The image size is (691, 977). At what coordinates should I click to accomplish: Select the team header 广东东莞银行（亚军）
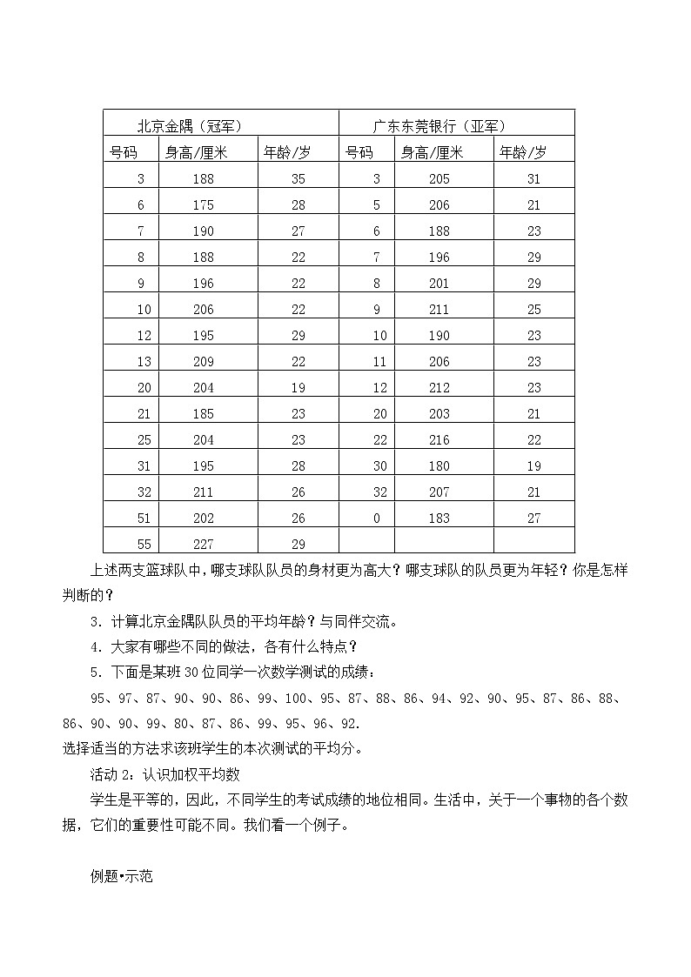coord(439,125)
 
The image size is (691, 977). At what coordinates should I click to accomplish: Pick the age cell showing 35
coord(299,179)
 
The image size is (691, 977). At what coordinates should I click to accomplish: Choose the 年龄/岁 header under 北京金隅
coord(286,152)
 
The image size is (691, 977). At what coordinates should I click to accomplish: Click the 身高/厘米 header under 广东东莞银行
coord(433,152)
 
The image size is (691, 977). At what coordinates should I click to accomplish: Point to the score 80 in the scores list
coord(181,723)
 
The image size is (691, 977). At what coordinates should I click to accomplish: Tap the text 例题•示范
coord(121,876)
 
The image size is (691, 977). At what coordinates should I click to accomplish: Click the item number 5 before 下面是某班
coord(94,672)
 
